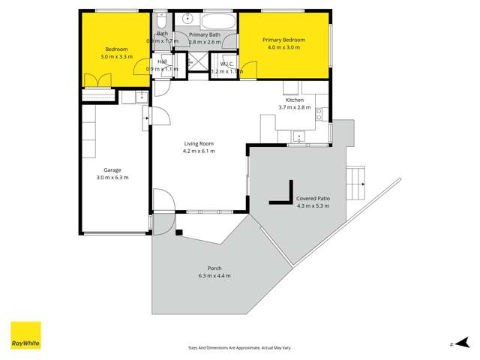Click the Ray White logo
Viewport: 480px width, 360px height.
coord(25,335)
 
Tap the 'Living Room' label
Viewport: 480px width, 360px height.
coord(199,143)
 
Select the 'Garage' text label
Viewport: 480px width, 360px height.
coord(112,170)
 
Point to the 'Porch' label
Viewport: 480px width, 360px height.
coord(214,268)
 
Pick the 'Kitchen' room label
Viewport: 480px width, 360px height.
coord(294,100)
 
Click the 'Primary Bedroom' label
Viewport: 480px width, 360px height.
coord(283,39)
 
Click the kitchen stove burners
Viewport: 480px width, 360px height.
coord(319,114)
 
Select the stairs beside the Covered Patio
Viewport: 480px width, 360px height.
coord(354,179)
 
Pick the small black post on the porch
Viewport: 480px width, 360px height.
coord(179,232)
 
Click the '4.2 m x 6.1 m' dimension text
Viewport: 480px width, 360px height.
coord(199,151)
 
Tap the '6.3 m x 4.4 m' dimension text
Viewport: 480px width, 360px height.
coord(214,276)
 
